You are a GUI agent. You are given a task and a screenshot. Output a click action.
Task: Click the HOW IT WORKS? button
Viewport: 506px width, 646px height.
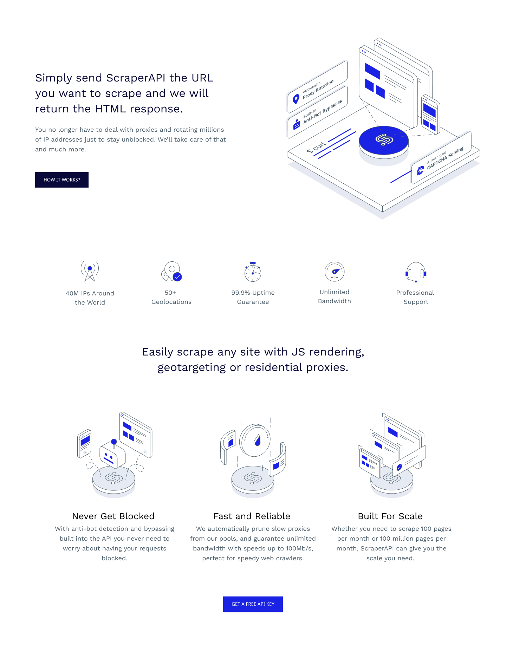(62, 180)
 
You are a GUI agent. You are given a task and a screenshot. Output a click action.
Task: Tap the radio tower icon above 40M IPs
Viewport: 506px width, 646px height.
(90, 271)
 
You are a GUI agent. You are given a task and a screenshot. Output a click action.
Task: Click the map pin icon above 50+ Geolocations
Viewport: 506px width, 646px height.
(171, 271)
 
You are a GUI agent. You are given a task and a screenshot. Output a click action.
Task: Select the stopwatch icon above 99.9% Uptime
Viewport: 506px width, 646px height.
(253, 272)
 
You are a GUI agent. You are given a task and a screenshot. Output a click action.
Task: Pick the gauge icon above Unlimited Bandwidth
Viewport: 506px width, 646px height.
(335, 272)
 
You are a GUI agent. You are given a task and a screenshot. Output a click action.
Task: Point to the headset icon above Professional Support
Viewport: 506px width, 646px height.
(416, 272)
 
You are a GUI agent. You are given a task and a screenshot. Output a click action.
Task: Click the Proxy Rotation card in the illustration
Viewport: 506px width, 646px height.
(317, 87)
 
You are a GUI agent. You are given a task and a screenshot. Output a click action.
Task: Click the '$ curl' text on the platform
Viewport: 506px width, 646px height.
(316, 147)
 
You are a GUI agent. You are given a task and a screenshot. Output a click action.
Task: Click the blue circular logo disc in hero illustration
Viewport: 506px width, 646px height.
(384, 140)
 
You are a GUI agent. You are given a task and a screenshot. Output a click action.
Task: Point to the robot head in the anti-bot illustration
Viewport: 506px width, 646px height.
(112, 455)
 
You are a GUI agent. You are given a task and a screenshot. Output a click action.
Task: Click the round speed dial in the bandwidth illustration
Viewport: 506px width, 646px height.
(255, 440)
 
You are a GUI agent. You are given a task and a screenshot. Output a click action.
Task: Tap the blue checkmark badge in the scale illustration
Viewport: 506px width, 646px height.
(399, 467)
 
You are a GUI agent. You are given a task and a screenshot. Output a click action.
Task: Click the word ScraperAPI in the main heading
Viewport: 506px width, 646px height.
(136, 78)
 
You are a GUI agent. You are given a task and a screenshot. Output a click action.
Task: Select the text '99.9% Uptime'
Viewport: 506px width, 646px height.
(253, 293)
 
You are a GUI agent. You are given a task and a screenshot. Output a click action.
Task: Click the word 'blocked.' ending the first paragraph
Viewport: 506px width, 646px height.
(115, 558)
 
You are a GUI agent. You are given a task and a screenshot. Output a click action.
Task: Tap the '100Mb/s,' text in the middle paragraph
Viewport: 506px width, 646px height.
(299, 548)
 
